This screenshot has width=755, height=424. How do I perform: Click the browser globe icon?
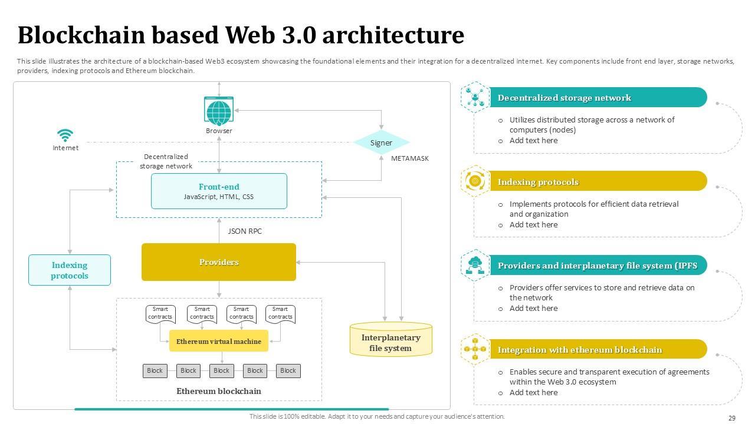click(219, 111)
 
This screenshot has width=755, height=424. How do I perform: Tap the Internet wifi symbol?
click(65, 135)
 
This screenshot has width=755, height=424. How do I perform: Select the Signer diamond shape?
click(381, 143)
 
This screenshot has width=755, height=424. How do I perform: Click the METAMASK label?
click(409, 158)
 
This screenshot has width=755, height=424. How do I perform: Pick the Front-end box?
click(219, 191)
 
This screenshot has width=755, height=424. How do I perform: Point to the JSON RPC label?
click(245, 231)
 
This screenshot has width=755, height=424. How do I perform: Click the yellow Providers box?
click(218, 262)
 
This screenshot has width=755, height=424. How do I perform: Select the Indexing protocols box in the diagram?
click(70, 270)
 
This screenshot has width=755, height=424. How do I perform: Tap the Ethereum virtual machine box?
click(219, 341)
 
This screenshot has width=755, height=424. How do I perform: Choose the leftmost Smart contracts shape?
click(160, 313)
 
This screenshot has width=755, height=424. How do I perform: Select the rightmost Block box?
click(288, 371)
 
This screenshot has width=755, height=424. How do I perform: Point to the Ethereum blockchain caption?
click(219, 391)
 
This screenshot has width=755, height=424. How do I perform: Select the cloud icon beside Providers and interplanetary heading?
click(475, 266)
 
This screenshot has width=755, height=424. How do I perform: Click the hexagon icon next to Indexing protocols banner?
click(475, 181)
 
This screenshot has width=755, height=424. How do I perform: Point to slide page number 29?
click(732, 418)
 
